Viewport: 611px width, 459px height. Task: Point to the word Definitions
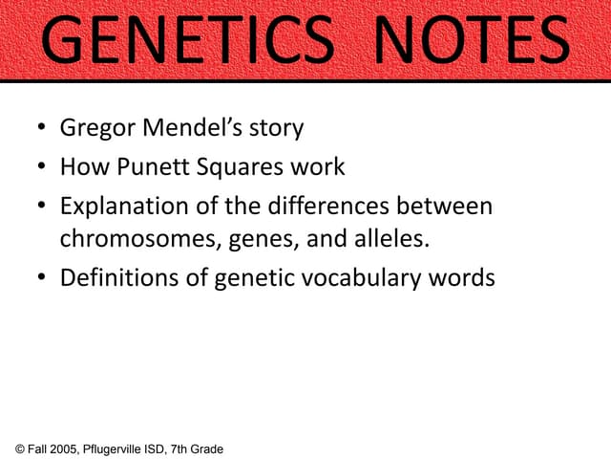click(114, 277)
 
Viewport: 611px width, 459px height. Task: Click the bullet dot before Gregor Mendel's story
click(42, 128)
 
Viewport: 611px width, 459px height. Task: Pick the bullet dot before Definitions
click(42, 278)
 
